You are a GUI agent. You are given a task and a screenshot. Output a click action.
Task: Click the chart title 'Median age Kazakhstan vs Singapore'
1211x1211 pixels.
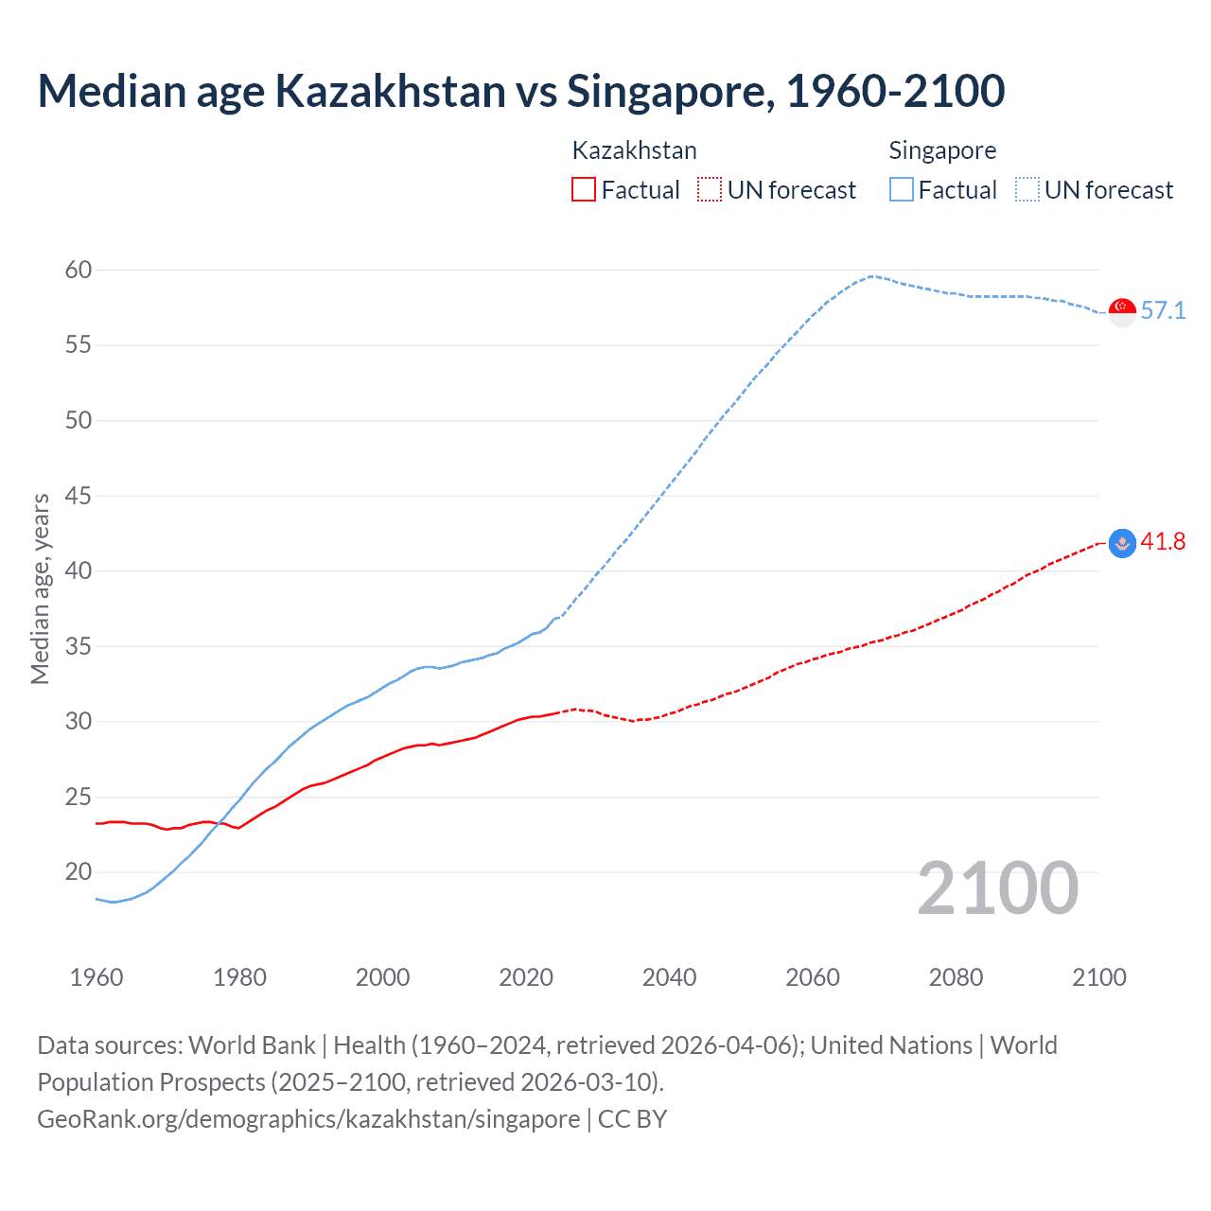tap(520, 91)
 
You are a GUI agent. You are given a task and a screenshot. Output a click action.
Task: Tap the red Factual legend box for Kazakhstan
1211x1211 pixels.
tap(584, 190)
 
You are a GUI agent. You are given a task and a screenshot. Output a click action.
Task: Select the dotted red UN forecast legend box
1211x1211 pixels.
tap(710, 190)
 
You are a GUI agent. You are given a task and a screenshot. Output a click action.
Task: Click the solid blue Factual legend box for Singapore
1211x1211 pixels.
tap(901, 190)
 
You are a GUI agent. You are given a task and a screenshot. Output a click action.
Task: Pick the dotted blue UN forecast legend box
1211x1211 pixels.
tap(1027, 190)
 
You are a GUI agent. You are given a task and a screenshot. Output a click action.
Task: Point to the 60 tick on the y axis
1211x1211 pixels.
tap(79, 271)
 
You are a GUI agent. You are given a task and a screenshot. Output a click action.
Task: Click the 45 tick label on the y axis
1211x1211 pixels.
tap(79, 496)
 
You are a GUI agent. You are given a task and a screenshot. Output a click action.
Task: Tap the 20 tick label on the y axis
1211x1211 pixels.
tap(79, 872)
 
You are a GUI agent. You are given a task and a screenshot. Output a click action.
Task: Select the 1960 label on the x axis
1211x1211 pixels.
tap(97, 977)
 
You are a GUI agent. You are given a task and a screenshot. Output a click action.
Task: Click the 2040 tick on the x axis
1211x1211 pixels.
tap(669, 977)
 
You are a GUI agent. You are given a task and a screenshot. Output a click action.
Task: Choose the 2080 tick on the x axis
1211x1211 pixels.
tap(956, 977)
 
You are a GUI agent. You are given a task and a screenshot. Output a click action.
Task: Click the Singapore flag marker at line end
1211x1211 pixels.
tap(1122, 311)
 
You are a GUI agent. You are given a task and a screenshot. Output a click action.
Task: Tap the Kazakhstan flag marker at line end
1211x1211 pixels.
tap(1122, 543)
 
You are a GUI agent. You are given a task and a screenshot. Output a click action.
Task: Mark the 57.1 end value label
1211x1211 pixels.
tap(1163, 311)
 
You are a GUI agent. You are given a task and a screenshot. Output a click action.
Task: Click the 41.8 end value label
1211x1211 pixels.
tap(1163, 542)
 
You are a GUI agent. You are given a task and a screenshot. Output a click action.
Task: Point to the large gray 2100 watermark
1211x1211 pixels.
tap(997, 888)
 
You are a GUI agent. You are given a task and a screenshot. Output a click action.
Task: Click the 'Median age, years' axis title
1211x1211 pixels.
tap(40, 588)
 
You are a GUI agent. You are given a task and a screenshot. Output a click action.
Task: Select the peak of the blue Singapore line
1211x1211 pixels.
tap(870, 276)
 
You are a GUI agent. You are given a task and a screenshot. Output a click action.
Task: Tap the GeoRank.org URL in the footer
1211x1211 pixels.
tap(308, 1119)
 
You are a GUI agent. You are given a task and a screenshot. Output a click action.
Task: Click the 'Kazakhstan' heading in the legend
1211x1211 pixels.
tap(634, 150)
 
